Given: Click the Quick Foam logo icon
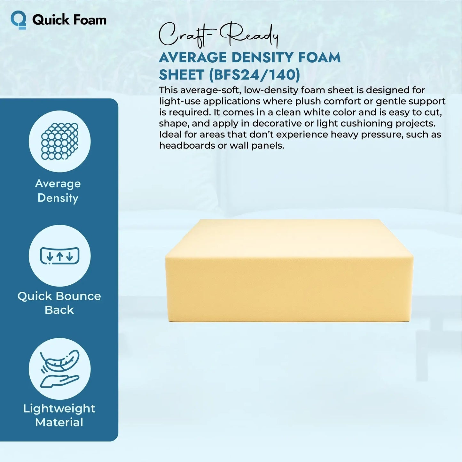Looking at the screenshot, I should click(x=19, y=20).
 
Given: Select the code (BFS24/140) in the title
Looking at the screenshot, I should click(x=254, y=75).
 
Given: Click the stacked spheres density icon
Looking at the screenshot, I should click(x=59, y=141).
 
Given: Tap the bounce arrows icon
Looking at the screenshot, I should click(x=59, y=256).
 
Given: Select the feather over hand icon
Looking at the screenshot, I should click(x=59, y=369).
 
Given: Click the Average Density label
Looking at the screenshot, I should click(x=58, y=191).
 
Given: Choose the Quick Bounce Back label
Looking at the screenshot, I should click(x=59, y=303).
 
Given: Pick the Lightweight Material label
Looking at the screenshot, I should click(x=59, y=415).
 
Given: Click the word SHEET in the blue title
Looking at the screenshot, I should click(x=181, y=75).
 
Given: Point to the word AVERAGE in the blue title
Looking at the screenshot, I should click(x=192, y=58).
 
